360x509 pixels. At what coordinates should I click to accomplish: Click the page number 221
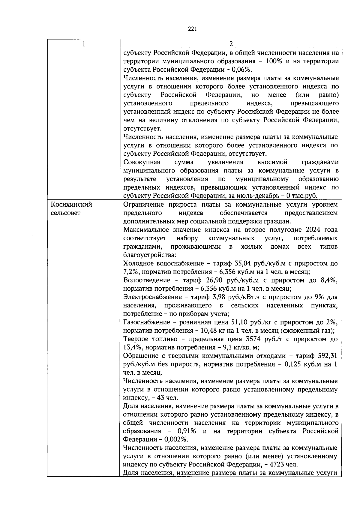[x=192, y=29]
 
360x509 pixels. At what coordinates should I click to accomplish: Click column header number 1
[x=84, y=44]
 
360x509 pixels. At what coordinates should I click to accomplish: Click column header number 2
[x=231, y=44]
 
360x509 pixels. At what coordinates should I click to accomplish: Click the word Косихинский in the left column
[x=71, y=205]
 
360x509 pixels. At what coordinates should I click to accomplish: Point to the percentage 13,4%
[x=132, y=347]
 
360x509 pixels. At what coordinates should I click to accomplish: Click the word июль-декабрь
[x=258, y=196]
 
